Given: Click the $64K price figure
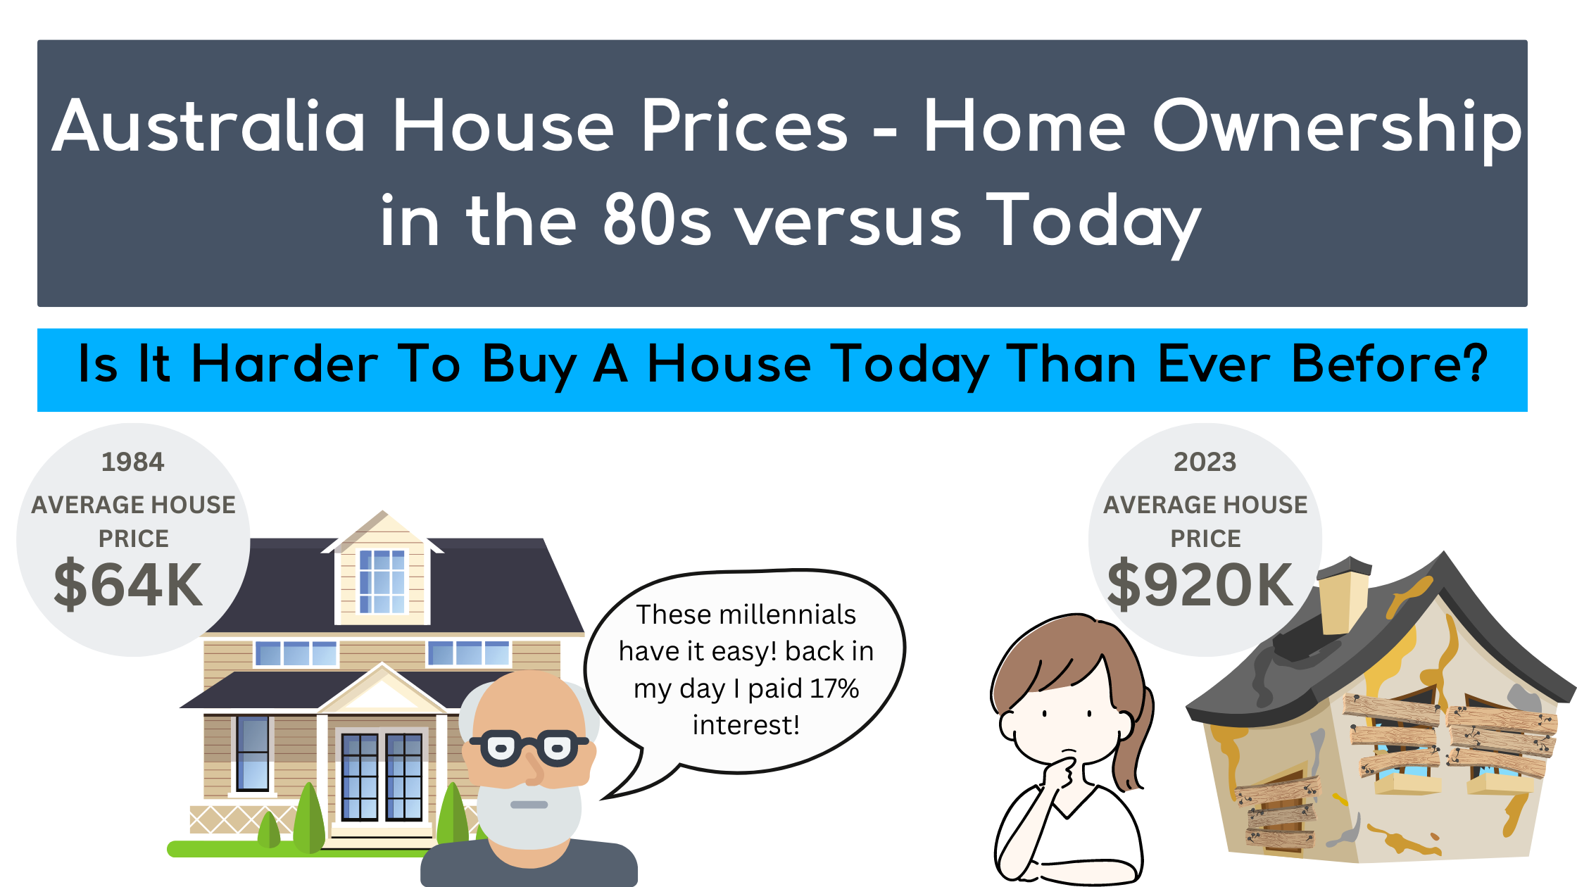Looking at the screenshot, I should click(x=129, y=584).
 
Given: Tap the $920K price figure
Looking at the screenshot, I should click(x=1201, y=584).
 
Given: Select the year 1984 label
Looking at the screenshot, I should click(x=132, y=463).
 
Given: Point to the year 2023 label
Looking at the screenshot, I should click(x=1205, y=463).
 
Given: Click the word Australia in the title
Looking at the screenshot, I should click(x=209, y=127).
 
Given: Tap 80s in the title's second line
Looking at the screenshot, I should click(x=656, y=220).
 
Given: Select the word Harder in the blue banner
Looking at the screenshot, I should click(x=285, y=365).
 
